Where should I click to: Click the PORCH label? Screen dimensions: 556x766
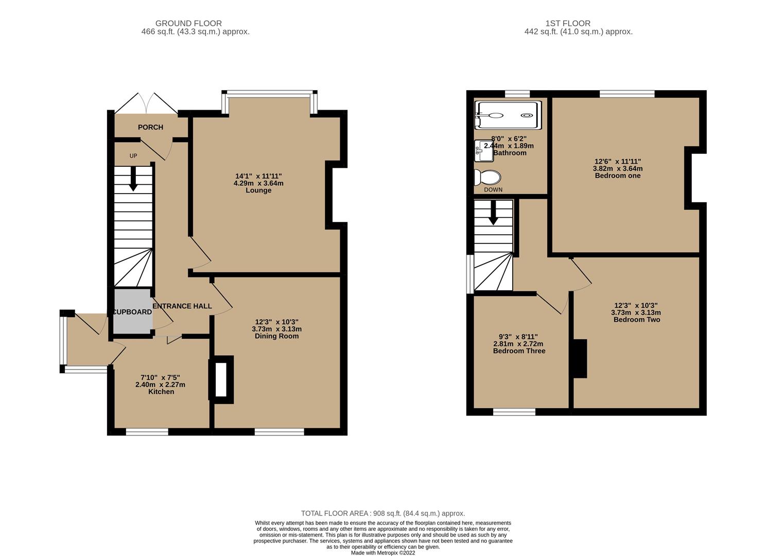click(150, 127)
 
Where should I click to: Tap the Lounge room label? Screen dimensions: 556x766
click(258, 190)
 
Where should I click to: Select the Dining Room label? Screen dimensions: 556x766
click(276, 336)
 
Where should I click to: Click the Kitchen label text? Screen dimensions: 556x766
click(161, 392)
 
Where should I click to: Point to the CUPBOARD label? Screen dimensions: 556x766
click(132, 312)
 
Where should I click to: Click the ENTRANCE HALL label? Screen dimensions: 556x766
click(182, 306)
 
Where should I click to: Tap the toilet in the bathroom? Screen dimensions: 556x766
click(487, 178)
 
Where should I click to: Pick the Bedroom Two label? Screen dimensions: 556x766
click(636, 320)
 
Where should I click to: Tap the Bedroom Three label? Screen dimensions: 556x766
click(519, 351)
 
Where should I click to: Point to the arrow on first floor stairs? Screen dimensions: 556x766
click(493, 214)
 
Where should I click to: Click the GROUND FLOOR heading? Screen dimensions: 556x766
click(188, 23)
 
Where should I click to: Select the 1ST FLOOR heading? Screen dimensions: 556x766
click(568, 23)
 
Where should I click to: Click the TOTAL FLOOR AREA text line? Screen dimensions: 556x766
click(383, 513)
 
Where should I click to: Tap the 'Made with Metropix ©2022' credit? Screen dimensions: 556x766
click(383, 553)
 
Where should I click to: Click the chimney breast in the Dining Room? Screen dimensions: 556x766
click(221, 379)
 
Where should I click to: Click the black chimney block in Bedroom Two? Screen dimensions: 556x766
click(580, 359)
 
